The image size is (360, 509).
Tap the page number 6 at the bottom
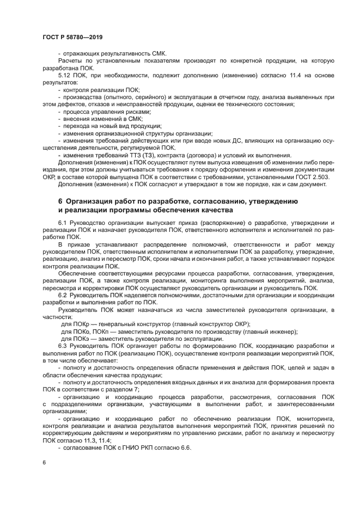pos(44,462)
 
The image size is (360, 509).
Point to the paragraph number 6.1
pos(63,223)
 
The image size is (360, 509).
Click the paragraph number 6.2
pos(63,295)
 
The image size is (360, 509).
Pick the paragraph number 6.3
pos(63,346)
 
